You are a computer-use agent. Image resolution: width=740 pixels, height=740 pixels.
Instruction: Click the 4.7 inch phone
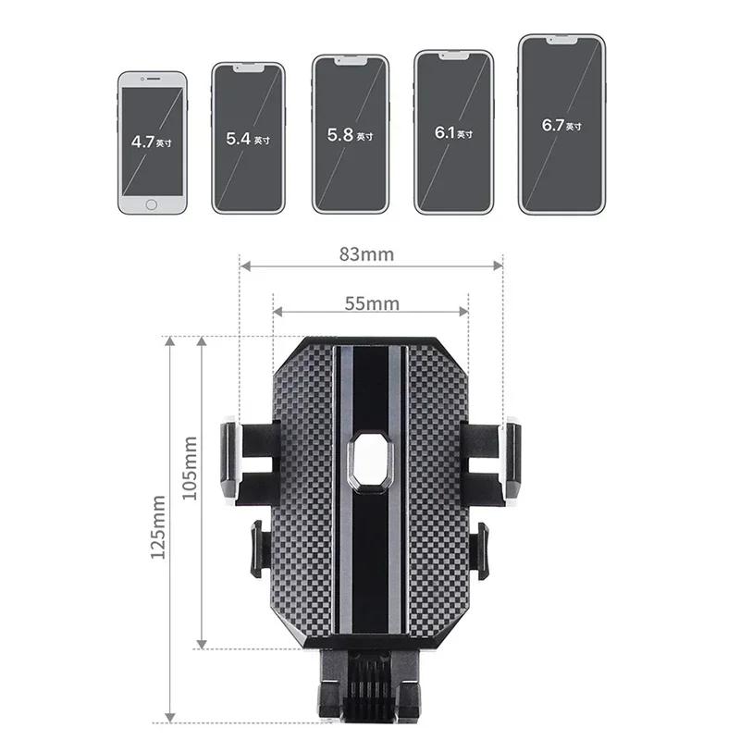coord(153,142)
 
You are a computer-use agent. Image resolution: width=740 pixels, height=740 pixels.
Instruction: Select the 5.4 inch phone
coord(249,139)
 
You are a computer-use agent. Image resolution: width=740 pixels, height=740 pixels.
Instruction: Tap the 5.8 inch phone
coord(350,134)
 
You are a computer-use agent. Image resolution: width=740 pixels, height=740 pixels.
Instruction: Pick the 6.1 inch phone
coord(453,132)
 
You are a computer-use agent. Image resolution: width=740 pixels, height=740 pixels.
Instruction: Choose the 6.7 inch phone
coord(561,125)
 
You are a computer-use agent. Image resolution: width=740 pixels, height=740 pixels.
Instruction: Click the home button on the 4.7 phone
coord(153,203)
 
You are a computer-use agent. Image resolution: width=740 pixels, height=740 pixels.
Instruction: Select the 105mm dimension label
coord(190,467)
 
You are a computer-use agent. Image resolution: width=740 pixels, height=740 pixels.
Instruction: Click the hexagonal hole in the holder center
coord(371,460)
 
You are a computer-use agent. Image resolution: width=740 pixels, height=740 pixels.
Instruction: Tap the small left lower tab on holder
coord(258,549)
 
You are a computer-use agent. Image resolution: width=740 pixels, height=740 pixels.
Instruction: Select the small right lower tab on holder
coord(479,549)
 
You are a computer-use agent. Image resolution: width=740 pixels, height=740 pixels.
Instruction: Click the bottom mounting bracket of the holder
coord(370,689)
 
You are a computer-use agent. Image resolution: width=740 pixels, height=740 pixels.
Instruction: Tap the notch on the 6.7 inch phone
coord(561,41)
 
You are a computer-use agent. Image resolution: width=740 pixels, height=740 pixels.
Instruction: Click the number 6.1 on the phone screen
coord(445,132)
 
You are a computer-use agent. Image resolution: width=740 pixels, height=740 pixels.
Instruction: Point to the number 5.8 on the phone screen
coord(339,134)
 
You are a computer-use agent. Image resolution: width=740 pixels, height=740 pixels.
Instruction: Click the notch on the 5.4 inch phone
coord(249,68)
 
